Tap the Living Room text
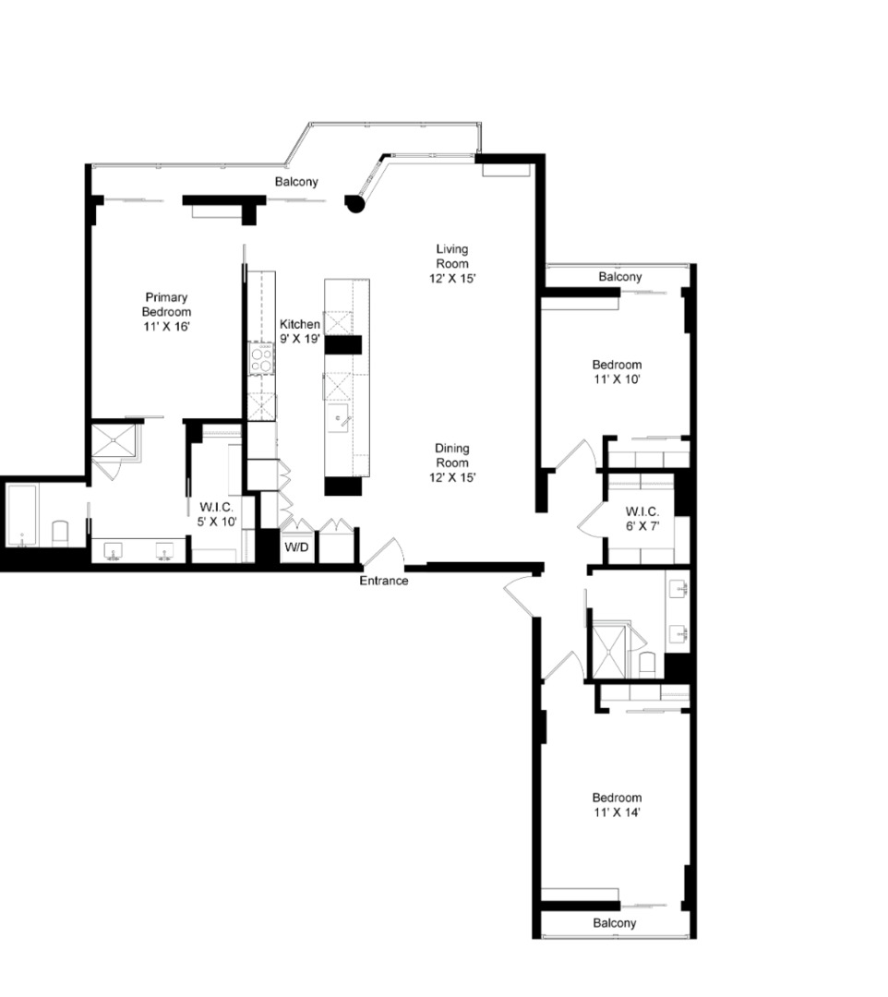click(452, 263)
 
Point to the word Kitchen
click(300, 325)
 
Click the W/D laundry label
click(296, 547)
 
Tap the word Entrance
click(383, 581)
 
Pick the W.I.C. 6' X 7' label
click(640, 519)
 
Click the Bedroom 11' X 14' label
click(617, 805)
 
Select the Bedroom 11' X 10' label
click(617, 371)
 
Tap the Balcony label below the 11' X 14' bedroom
click(614, 923)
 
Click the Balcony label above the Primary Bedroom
click(296, 182)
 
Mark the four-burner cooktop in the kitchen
click(262, 357)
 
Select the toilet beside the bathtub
click(60, 533)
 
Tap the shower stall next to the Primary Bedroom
click(114, 440)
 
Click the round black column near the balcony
click(354, 203)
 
